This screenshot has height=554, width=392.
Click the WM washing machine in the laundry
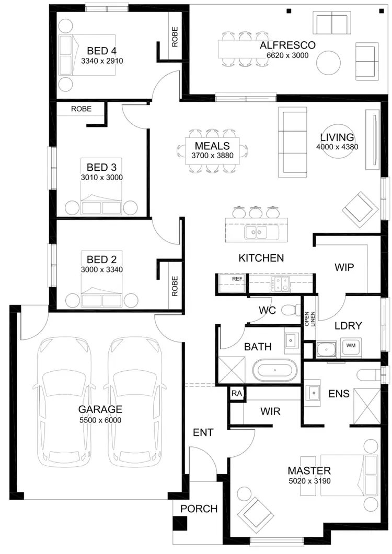pos(349,346)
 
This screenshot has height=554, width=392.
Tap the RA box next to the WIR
pos(237,394)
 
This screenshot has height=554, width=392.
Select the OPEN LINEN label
pos(310,319)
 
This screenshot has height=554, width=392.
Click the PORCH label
pos(199,509)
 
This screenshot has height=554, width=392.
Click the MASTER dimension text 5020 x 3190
pos(309,481)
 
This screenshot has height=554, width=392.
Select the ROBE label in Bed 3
pos(81,109)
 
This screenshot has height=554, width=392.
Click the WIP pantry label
pos(344,267)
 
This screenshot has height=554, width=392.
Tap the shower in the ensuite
pos(368,404)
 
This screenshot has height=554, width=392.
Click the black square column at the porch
pos(181,522)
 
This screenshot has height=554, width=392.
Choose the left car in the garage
pos(61,402)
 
